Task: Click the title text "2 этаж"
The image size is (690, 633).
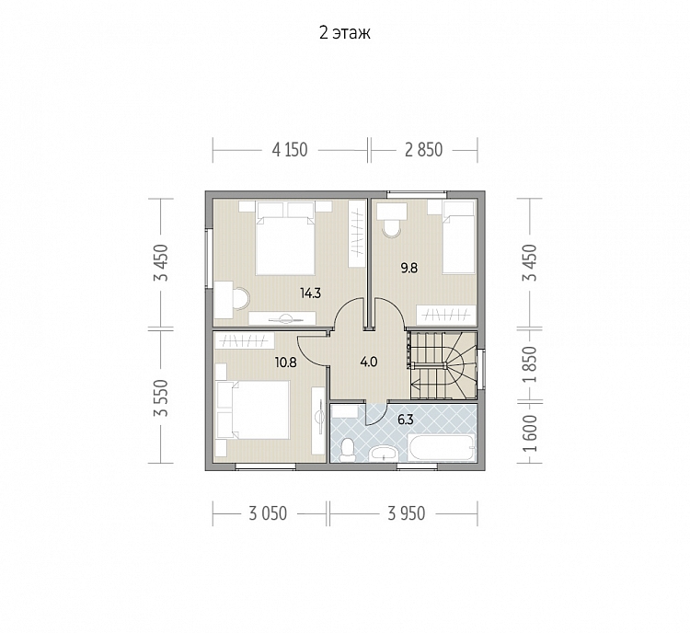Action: tap(345, 33)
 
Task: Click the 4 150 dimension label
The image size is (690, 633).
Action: tap(290, 150)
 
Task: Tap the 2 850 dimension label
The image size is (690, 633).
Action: tap(423, 150)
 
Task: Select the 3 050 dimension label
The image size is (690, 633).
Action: tap(268, 513)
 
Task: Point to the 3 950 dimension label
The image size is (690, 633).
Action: tap(406, 513)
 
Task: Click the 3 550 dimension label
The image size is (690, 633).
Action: tap(161, 398)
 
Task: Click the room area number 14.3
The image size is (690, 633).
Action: tap(310, 293)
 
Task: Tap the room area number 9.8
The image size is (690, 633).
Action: tap(408, 268)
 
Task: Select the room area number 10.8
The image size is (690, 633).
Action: tap(285, 363)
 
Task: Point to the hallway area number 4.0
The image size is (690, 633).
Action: tap(368, 363)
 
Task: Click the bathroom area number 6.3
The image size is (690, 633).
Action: tap(406, 420)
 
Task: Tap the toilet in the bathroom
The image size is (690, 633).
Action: tap(347, 449)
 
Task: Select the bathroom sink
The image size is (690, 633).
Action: tap(385, 454)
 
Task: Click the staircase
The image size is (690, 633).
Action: tap(443, 365)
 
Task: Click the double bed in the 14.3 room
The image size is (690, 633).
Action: tap(285, 238)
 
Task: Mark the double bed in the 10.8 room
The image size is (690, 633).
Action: tap(253, 409)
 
